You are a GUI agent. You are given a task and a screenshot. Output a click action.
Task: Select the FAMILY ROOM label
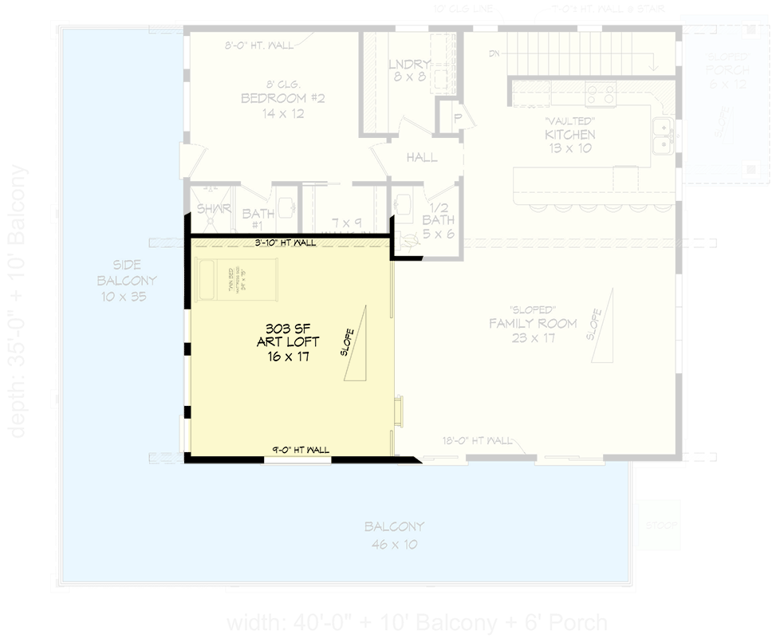[x=533, y=324]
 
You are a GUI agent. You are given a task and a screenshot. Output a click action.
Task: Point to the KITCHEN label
[x=570, y=135]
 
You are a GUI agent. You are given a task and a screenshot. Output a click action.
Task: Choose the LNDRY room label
[x=410, y=65]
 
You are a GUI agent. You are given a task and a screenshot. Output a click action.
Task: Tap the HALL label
[x=422, y=158]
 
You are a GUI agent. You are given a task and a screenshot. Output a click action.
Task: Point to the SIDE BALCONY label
[x=127, y=281]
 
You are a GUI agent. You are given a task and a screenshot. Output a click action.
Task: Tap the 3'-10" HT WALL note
[x=286, y=242]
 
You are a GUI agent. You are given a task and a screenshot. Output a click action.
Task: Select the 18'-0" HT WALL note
[x=478, y=440]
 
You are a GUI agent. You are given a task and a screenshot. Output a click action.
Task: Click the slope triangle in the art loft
[x=357, y=343]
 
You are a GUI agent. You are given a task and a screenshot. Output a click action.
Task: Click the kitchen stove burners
[x=601, y=94]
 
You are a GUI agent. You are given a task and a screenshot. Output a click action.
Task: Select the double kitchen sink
[x=662, y=136]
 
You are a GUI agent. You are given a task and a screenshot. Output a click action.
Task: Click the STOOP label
[x=659, y=526]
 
